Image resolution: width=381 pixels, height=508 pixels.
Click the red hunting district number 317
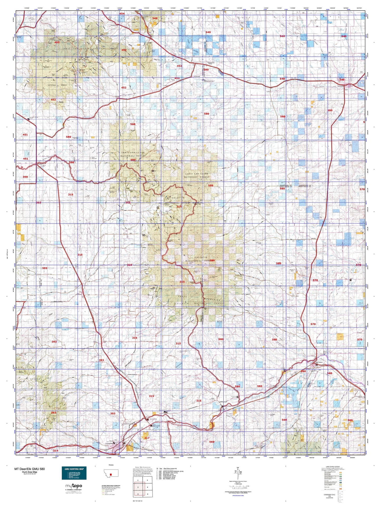click(x=147, y=438)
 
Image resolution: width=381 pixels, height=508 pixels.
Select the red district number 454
click(x=122, y=13)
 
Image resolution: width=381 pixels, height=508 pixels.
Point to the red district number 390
click(x=25, y=177)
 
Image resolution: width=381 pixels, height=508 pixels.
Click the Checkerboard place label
click(x=114, y=26)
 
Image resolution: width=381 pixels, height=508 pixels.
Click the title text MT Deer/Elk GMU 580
click(x=30, y=469)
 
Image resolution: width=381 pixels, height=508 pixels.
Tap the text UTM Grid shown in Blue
click(x=238, y=496)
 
